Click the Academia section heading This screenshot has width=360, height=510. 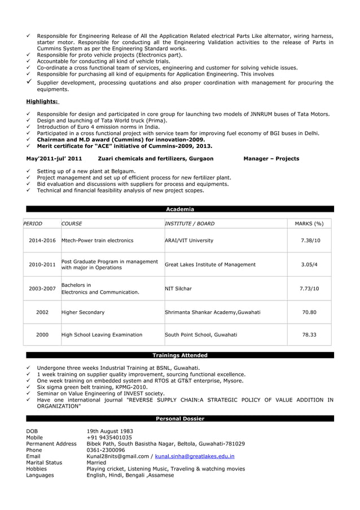click(179, 209)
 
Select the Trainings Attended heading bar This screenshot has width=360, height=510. click(179, 355)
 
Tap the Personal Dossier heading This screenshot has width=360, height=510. click(179, 419)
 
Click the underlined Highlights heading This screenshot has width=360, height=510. click(42, 102)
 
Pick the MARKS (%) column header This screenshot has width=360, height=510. click(309, 224)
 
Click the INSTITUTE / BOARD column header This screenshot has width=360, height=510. click(189, 224)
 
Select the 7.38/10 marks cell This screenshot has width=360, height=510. click(309, 241)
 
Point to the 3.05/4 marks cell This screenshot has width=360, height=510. click(309, 264)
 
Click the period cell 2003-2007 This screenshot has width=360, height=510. click(42, 289)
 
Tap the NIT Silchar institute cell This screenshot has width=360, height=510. click(178, 289)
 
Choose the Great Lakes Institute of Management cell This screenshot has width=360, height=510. click(210, 264)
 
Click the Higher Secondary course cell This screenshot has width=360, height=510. click(83, 312)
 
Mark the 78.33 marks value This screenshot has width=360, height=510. click(309, 335)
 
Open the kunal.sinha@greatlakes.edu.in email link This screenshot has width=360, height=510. click(194, 456)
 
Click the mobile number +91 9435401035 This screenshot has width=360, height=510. click(109, 437)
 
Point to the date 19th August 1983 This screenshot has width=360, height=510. click(109, 431)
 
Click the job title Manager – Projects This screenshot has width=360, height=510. click(271, 159)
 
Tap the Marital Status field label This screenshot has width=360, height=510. click(45, 462)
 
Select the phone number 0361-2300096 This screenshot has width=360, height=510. click(106, 450)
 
